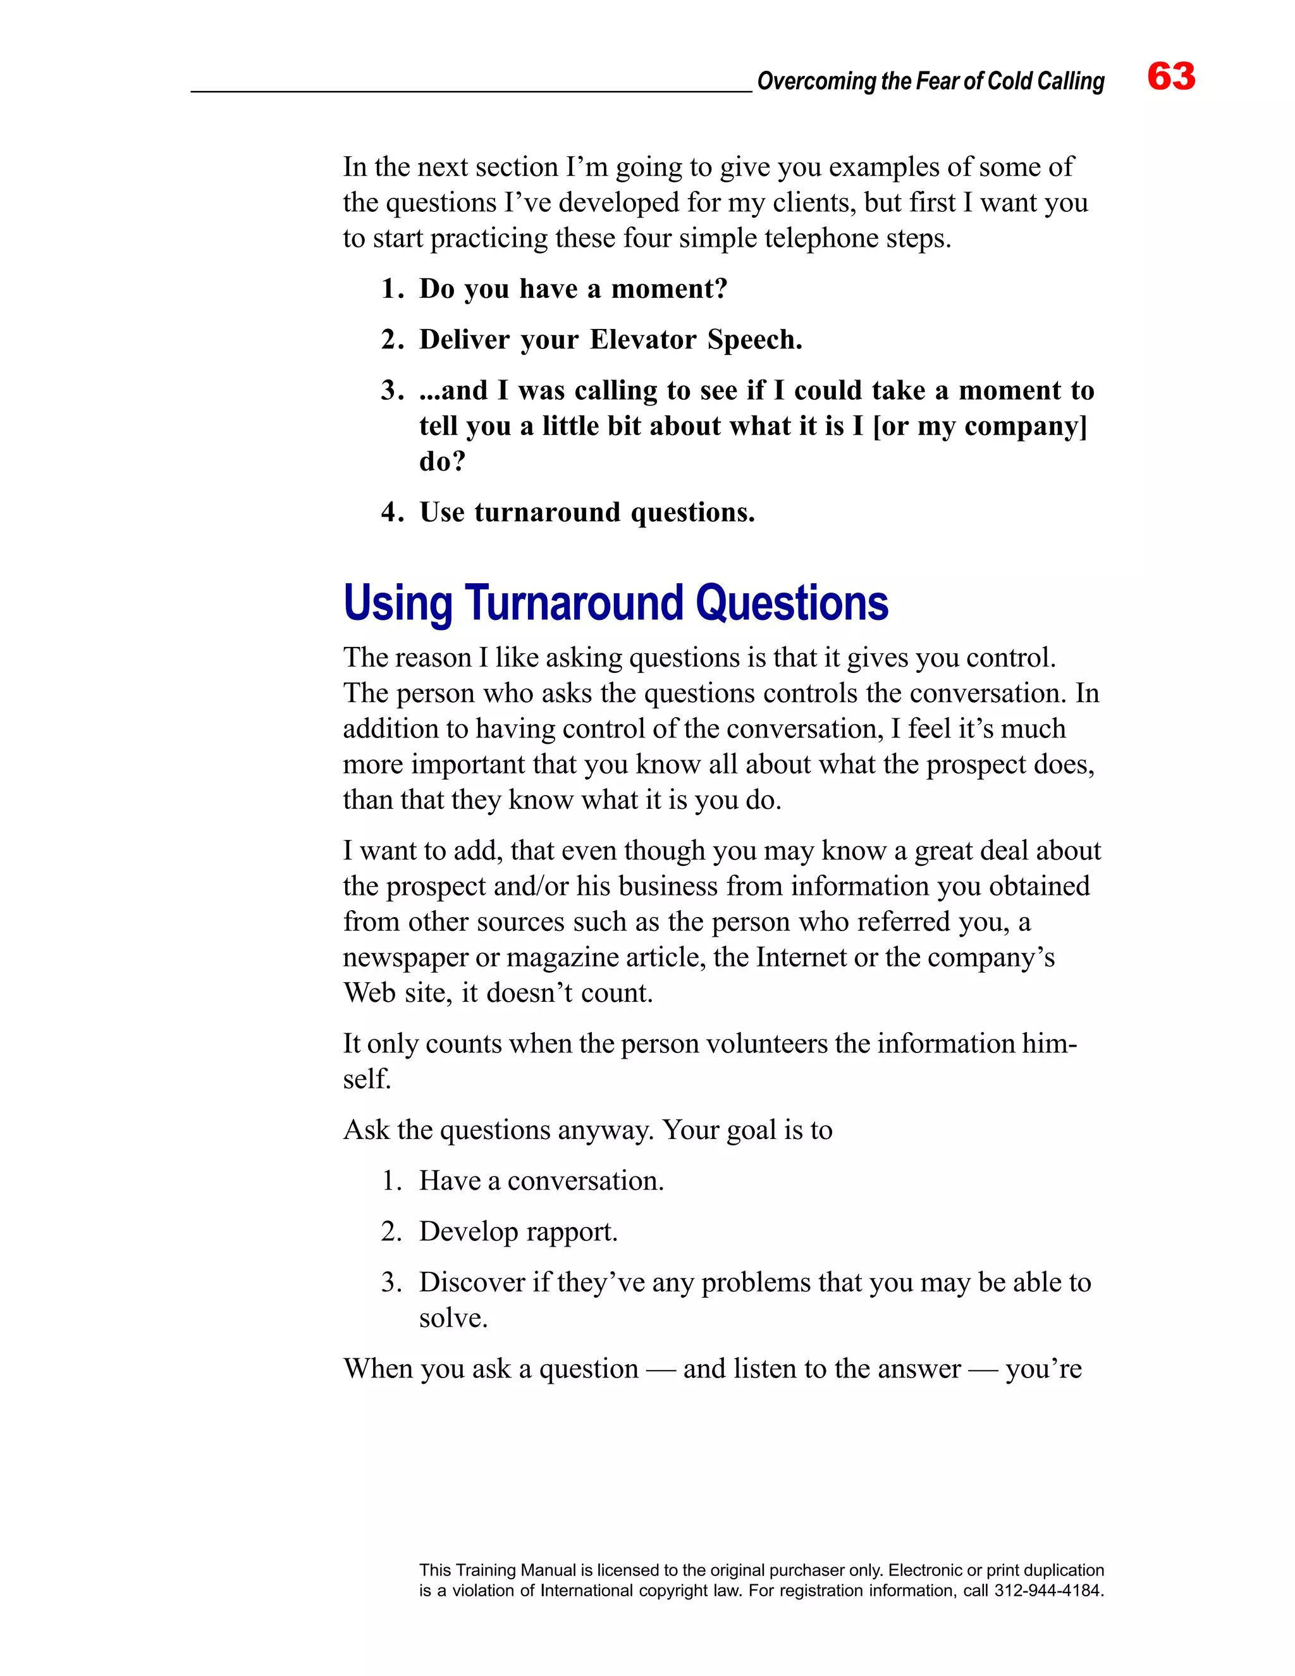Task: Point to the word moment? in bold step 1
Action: (669, 288)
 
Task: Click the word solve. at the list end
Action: (453, 1319)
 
